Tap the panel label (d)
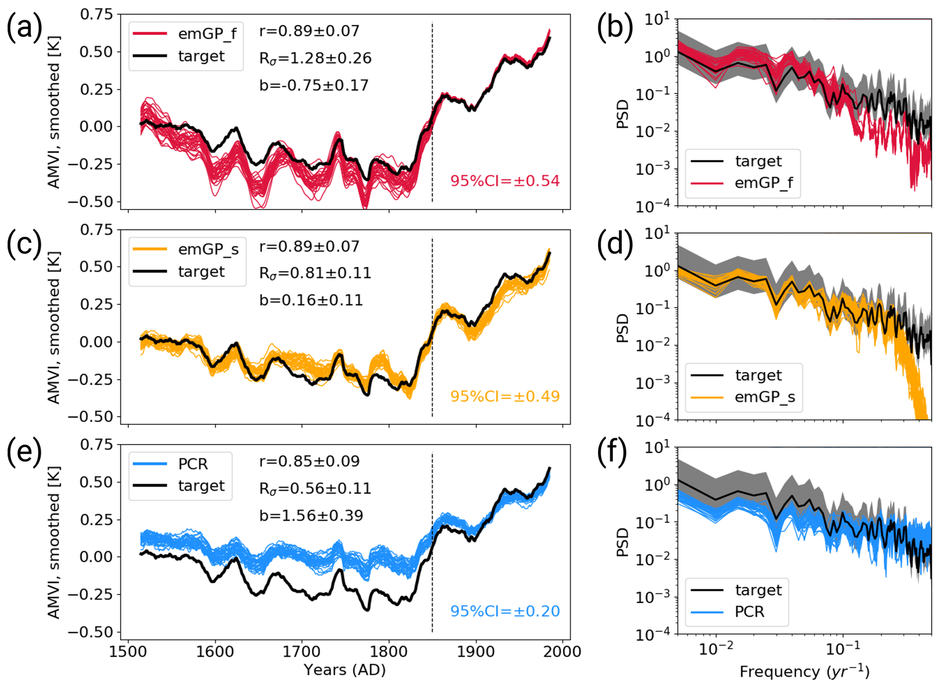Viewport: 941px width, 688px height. point(615,244)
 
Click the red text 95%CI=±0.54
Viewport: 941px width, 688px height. point(505,181)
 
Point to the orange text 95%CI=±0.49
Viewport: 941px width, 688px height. point(505,397)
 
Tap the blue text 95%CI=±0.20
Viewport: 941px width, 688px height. point(505,612)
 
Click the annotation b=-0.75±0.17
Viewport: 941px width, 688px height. point(314,86)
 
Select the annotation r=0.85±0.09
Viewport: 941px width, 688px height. point(310,461)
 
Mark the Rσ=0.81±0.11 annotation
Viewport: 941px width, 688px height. point(315,273)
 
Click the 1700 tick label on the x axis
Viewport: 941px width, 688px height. point(301,652)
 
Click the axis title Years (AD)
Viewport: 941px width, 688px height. point(345,670)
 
